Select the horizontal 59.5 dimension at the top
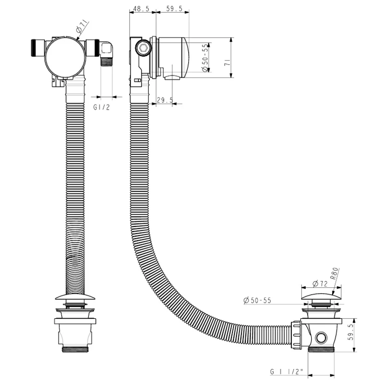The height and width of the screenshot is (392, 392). click(x=172, y=9)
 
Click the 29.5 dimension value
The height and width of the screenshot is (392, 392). click(x=165, y=100)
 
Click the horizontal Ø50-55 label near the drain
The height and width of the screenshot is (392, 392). click(x=257, y=300)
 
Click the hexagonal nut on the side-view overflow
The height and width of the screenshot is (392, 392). click(x=143, y=48)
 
